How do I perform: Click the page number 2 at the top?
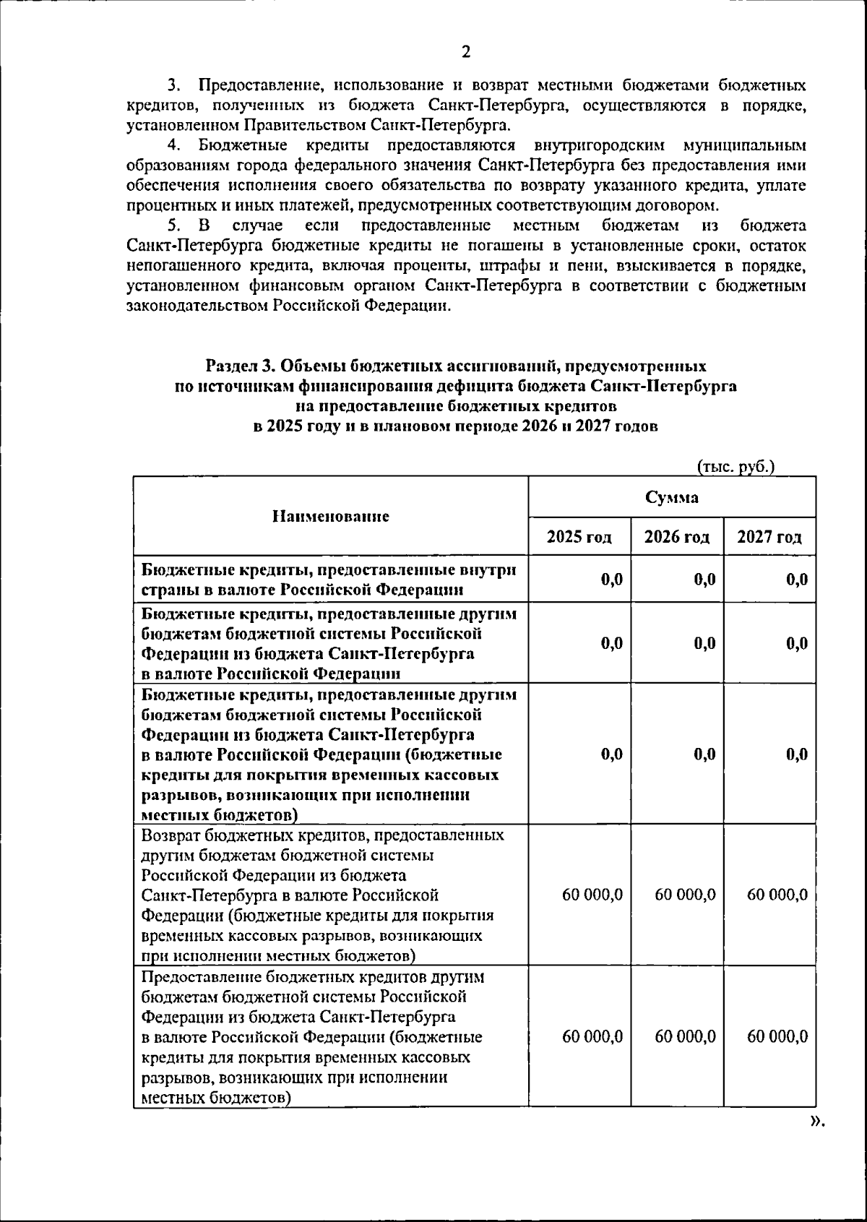[x=465, y=52]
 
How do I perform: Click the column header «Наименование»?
[x=330, y=516]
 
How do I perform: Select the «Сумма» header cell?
[x=671, y=497]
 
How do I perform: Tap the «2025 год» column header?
[x=579, y=537]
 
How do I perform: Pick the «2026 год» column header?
[x=676, y=537]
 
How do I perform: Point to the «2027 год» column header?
[x=769, y=537]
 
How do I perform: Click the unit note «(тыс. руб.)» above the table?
[x=736, y=467]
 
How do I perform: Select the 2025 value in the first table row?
[x=611, y=579]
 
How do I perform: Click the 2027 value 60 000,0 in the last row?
[x=777, y=1036]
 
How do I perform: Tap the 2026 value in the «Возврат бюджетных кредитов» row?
[x=685, y=895]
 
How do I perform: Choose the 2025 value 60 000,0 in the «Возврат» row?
[x=592, y=895]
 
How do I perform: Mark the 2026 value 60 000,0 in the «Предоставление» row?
[x=685, y=1036]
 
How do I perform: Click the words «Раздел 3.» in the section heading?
[x=240, y=366]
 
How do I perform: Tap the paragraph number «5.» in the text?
[x=174, y=225]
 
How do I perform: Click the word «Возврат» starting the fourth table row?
[x=171, y=835]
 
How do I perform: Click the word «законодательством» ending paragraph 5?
[x=197, y=306]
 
